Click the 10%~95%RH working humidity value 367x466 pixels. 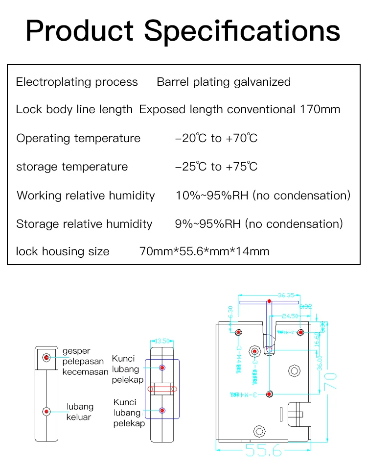213,196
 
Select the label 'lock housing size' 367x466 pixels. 63,252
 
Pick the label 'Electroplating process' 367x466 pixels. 77,82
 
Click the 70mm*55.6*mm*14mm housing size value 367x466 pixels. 205,252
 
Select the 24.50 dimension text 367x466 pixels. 290,316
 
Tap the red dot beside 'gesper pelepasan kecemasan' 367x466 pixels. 46,358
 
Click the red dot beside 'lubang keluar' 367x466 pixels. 46,411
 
